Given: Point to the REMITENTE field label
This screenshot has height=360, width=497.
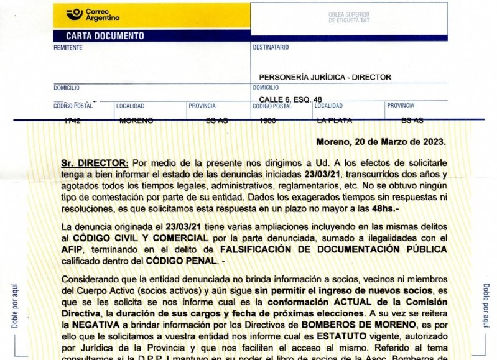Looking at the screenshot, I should (68, 48).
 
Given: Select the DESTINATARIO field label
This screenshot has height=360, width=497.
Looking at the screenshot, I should (271, 47).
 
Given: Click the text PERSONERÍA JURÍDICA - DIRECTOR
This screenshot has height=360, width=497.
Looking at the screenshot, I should (325, 77).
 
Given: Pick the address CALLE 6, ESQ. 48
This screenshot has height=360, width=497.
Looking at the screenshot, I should (290, 99).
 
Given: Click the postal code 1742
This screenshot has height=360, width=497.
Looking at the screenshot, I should (72, 121).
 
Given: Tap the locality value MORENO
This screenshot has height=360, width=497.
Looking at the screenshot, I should (136, 121).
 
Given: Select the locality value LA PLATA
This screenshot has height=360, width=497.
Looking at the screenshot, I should (334, 120).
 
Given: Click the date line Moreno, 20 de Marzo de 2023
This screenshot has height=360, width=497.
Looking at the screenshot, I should (381, 142).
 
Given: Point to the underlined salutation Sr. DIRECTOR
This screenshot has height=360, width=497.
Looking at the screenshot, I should (95, 162).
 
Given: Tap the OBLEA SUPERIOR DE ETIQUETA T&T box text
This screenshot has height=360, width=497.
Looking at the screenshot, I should (348, 17).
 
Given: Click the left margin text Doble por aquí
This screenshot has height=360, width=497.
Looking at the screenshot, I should (14, 305).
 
